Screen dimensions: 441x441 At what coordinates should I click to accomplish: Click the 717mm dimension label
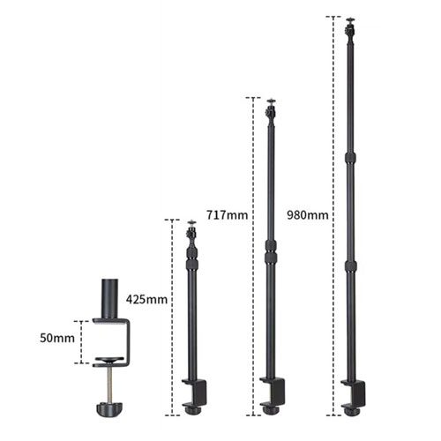pos(227,214)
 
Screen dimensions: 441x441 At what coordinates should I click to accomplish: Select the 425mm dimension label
pos(146,299)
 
